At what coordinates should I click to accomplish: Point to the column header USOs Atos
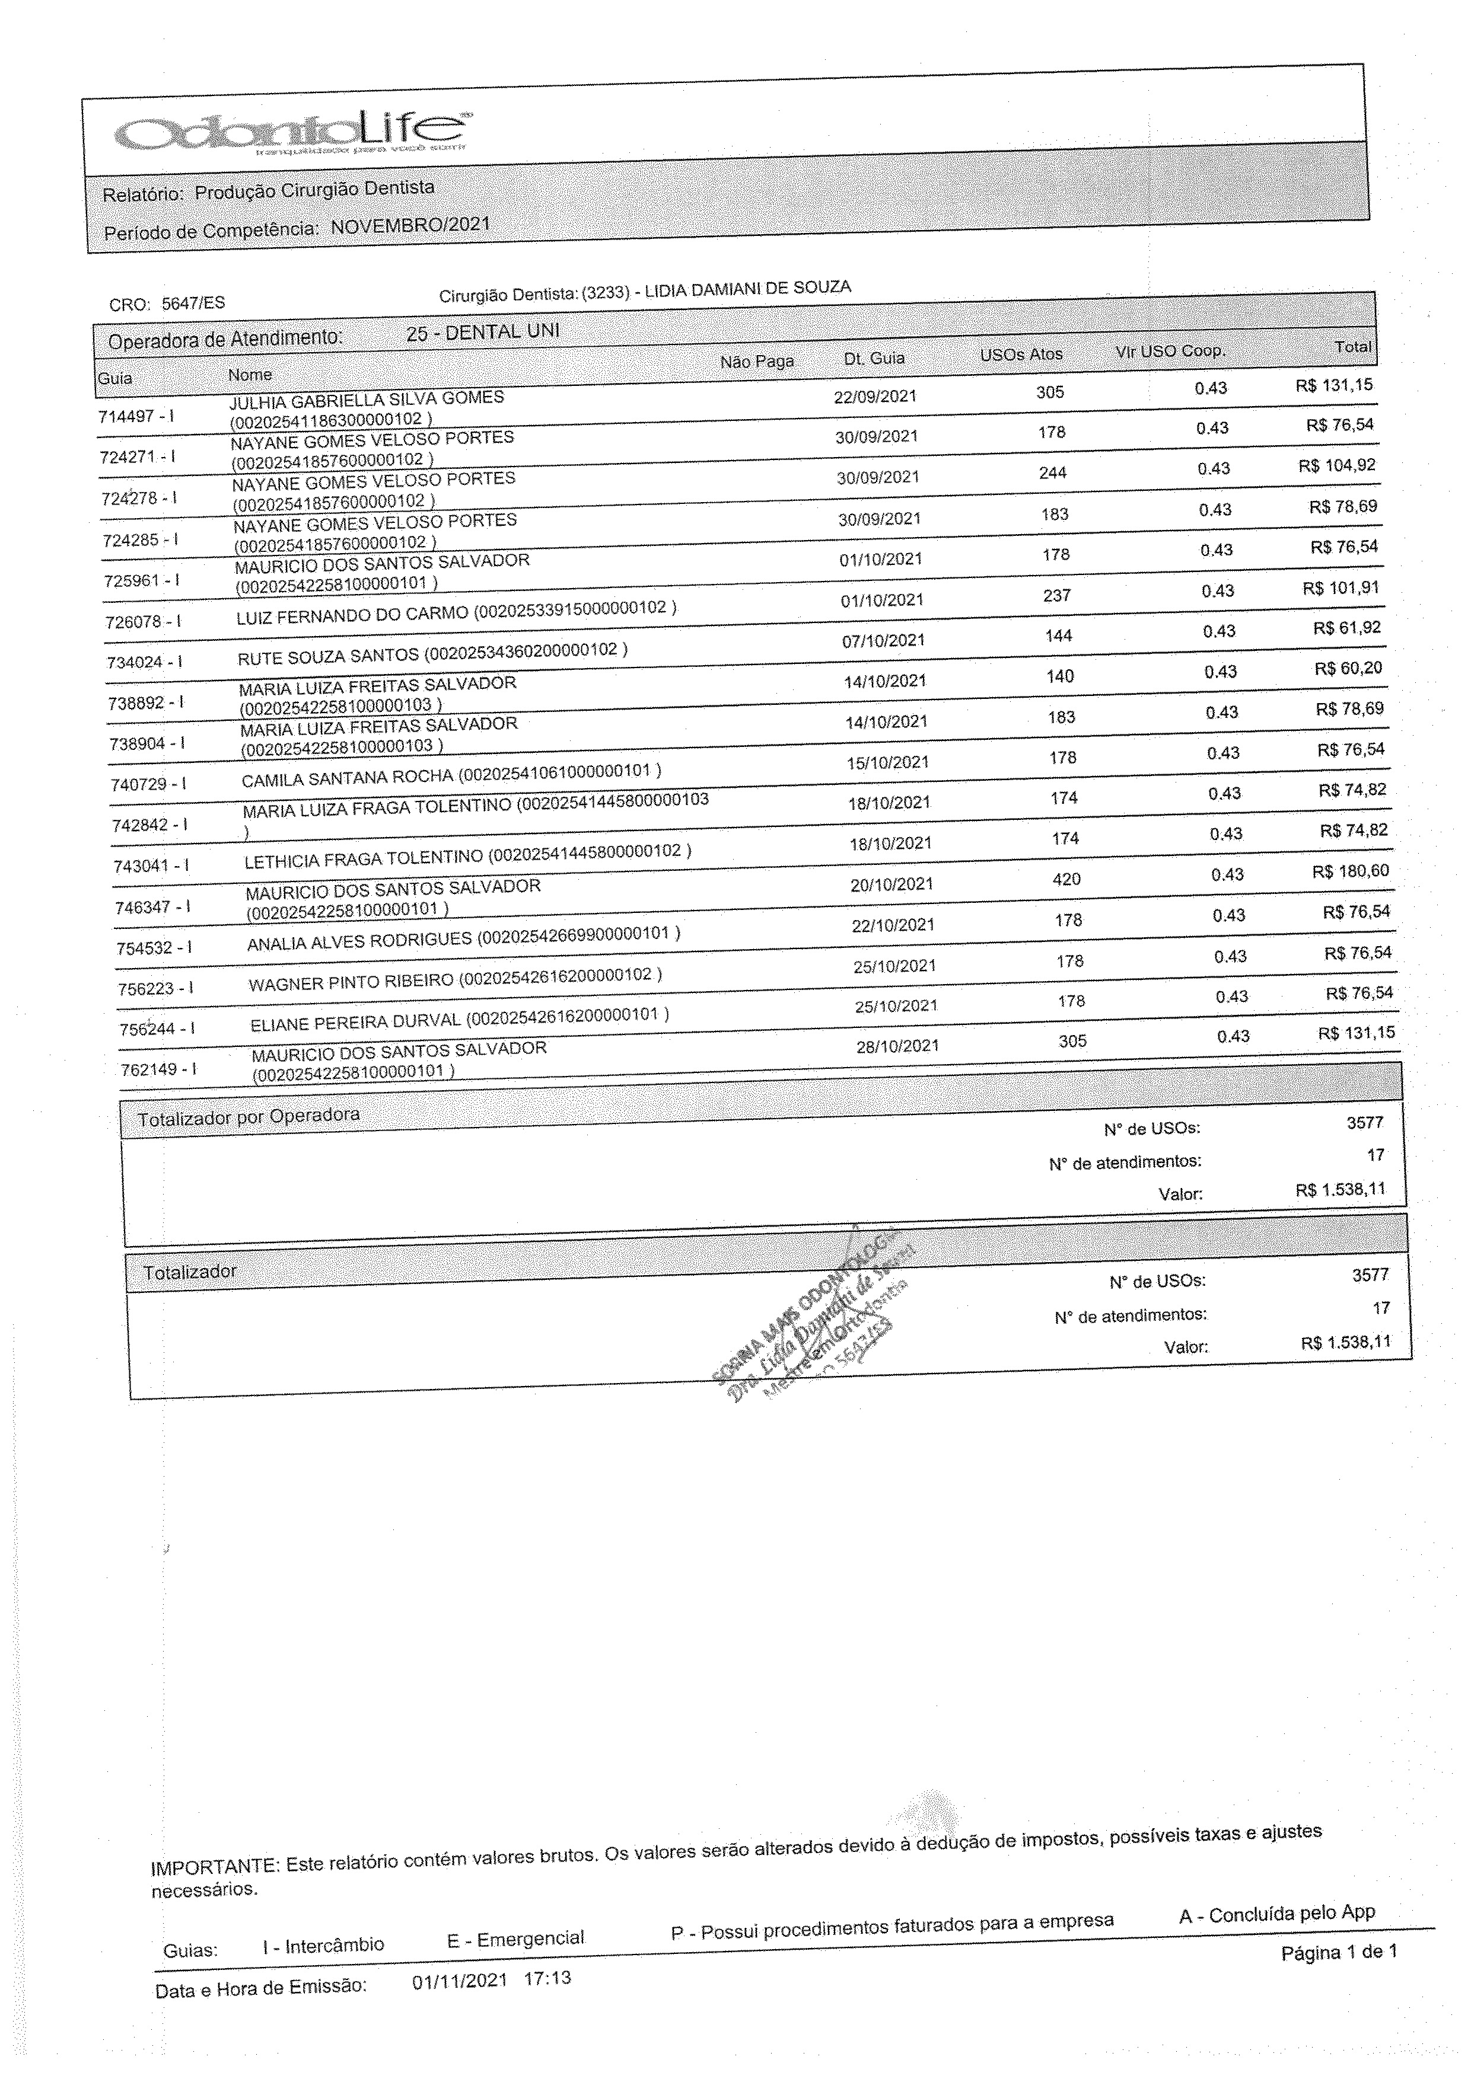pos(1021,354)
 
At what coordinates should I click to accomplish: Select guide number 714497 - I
pos(136,417)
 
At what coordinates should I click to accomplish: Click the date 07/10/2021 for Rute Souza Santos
pos(883,640)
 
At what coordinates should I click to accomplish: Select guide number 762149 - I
pos(158,1069)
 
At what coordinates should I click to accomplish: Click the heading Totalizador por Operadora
pos(248,1116)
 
